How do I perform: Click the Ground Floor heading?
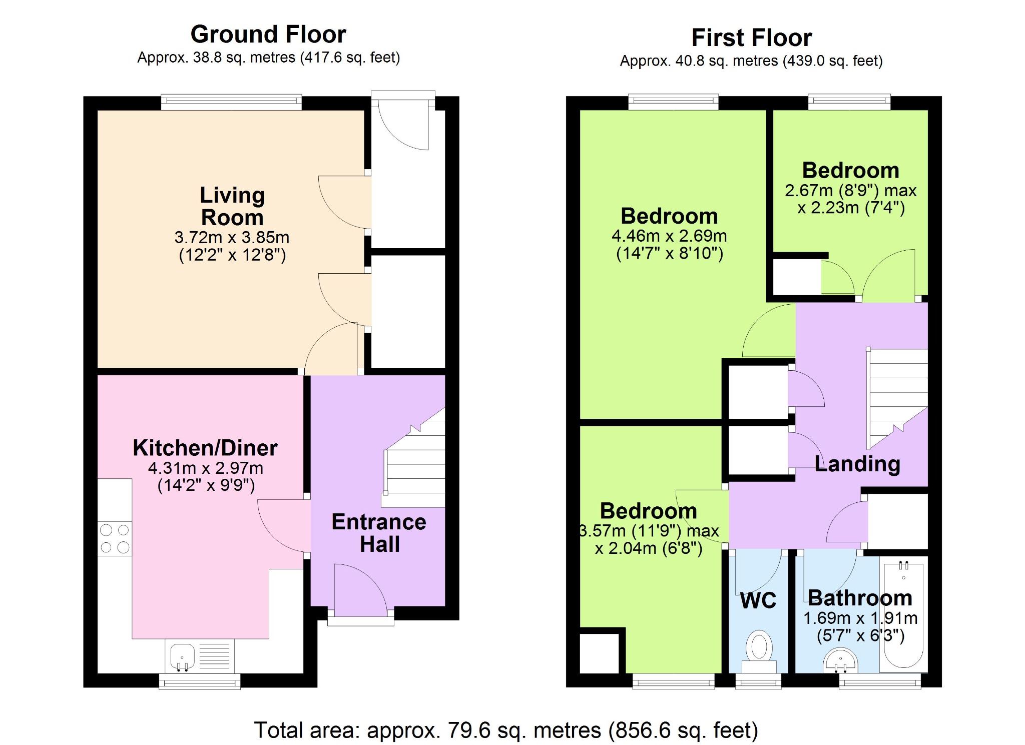(x=268, y=35)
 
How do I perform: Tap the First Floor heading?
(x=751, y=38)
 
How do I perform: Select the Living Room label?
(x=232, y=206)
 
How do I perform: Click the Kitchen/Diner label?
(x=205, y=448)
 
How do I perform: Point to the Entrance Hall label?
(x=379, y=533)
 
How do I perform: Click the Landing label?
(x=857, y=464)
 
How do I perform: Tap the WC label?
(x=758, y=600)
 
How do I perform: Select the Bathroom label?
(x=860, y=598)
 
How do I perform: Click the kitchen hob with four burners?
(x=115, y=539)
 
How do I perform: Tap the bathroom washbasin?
(x=840, y=660)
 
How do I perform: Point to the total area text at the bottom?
(x=506, y=730)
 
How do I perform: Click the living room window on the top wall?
(x=231, y=102)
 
